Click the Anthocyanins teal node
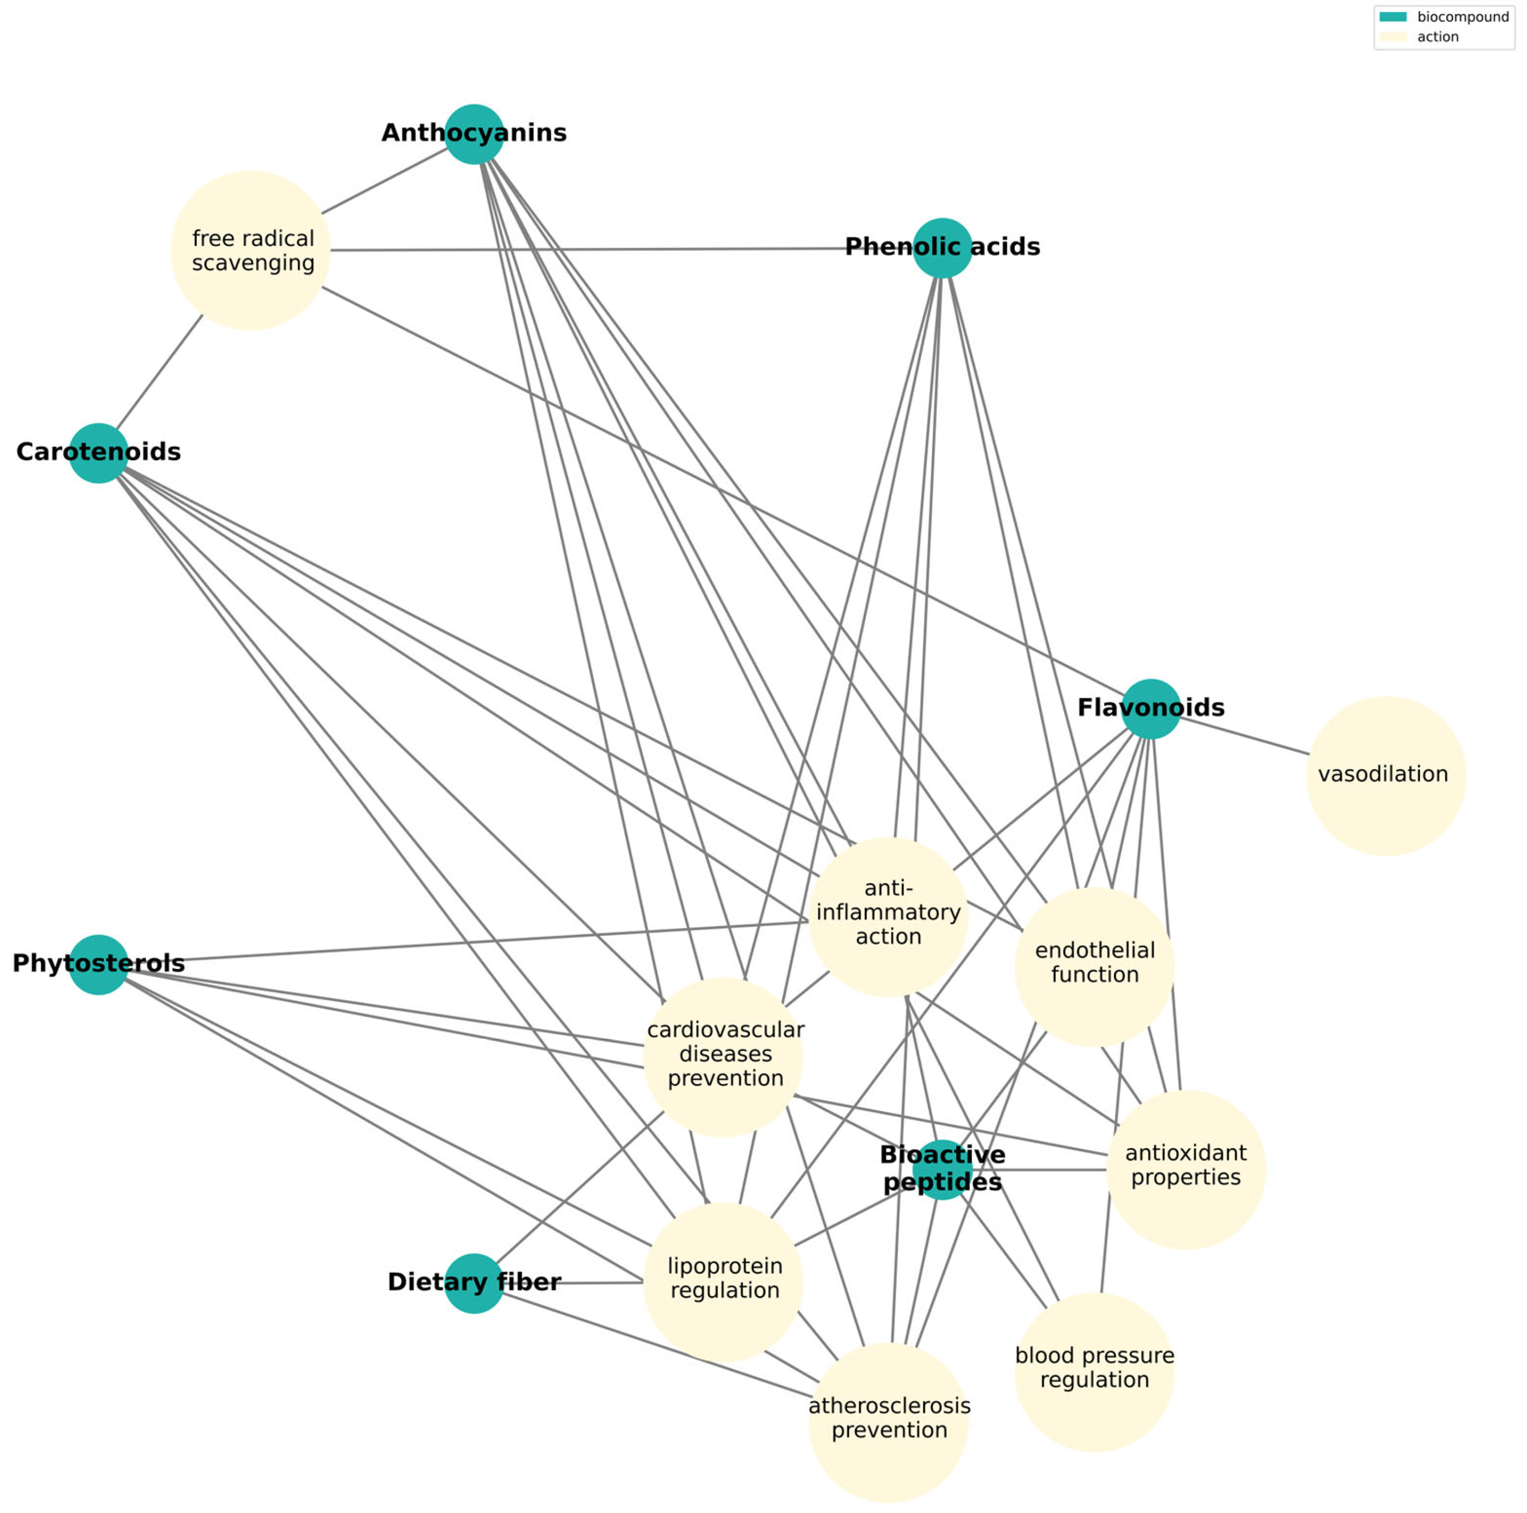click(x=474, y=135)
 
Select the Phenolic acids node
click(x=942, y=248)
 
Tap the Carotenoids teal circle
click(x=99, y=453)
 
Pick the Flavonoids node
click(x=1151, y=709)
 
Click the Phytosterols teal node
click(x=99, y=964)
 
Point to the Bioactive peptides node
click(x=942, y=1170)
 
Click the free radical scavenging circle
click(x=250, y=251)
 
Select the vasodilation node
click(x=1386, y=775)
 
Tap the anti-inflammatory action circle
click(x=888, y=917)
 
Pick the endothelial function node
click(x=1094, y=966)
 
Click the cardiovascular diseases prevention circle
click(x=723, y=1057)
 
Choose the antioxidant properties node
click(x=1185, y=1170)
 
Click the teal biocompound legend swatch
click(x=1392, y=17)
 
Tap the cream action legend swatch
click(x=1392, y=36)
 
